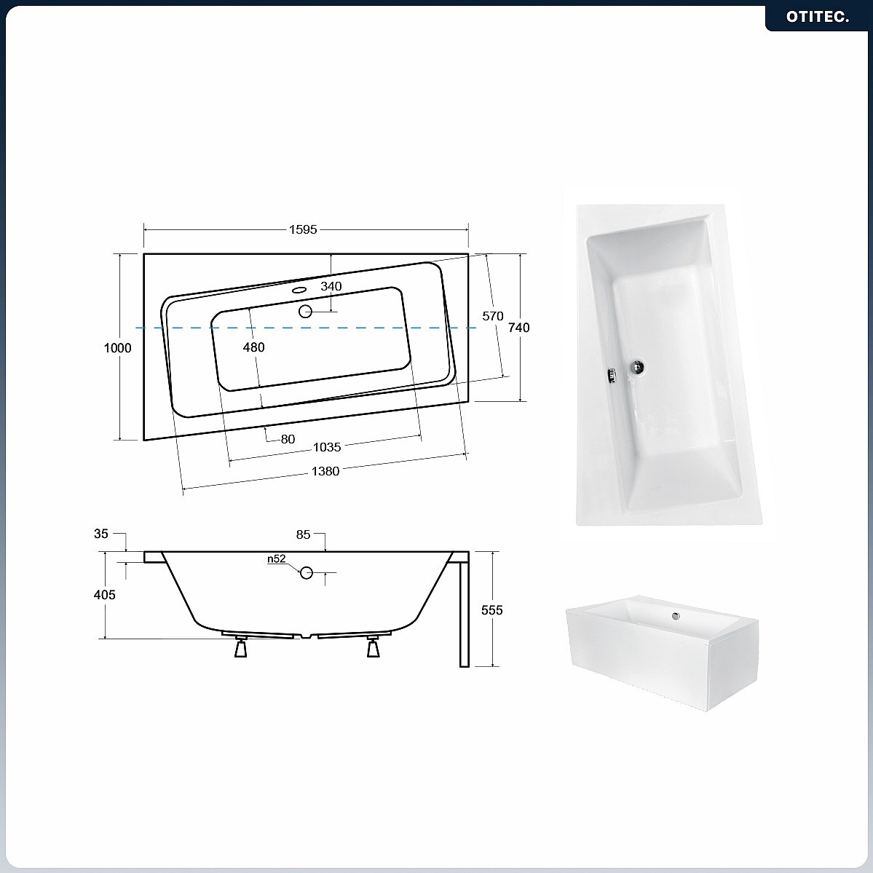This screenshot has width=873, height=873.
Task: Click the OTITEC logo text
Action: (818, 17)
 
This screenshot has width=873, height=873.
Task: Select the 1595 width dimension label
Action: (303, 229)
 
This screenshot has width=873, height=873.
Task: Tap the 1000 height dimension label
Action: (117, 348)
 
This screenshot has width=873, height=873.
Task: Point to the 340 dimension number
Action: (331, 286)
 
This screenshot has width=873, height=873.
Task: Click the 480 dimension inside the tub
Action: (253, 347)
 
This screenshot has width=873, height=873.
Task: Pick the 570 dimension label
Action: (493, 316)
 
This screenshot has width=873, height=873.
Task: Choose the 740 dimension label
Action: (519, 328)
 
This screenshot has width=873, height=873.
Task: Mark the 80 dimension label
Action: (288, 439)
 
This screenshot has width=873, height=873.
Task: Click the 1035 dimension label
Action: (327, 447)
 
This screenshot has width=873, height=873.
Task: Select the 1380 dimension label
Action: (325, 472)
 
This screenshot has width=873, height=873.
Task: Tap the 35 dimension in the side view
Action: (100, 534)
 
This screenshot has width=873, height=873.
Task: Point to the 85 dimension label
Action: (303, 534)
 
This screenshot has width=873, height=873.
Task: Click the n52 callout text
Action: (276, 559)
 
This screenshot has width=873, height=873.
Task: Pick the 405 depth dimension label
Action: (105, 595)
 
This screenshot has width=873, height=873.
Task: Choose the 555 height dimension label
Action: (491, 610)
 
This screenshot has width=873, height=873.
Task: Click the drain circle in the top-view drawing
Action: (305, 311)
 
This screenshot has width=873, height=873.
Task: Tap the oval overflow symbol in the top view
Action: (300, 290)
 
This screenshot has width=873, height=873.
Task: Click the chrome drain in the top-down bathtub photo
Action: (638, 366)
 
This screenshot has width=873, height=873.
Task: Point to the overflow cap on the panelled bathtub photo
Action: (676, 616)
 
